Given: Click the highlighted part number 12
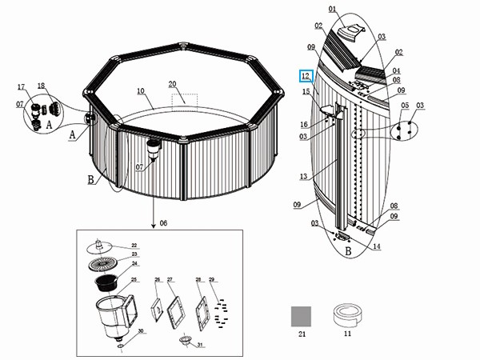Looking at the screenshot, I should pyautogui.click(x=306, y=76).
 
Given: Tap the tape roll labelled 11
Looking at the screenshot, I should pyautogui.click(x=346, y=314).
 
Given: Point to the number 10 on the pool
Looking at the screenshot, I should pyautogui.click(x=140, y=90).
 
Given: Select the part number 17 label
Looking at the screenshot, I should pyautogui.click(x=22, y=86).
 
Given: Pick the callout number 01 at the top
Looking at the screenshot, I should pyautogui.click(x=332, y=10).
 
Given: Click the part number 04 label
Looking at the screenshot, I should pyautogui.click(x=395, y=70).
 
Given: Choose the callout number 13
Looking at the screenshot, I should pyautogui.click(x=302, y=176).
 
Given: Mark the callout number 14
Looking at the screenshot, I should pyautogui.click(x=376, y=246).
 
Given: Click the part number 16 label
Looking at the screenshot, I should pyautogui.click(x=304, y=124).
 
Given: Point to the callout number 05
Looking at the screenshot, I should pyautogui.click(x=405, y=106).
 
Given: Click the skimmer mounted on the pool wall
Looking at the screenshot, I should pyautogui.click(x=154, y=149).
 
